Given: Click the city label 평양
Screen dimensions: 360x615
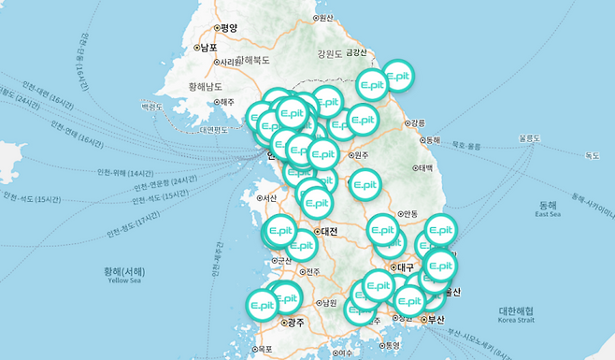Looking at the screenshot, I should coord(230,27).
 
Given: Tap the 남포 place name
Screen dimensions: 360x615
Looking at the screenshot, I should coord(207,47).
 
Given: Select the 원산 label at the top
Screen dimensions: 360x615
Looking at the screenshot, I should coord(325,18).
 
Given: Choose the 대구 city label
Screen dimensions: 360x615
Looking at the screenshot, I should coord(405,266).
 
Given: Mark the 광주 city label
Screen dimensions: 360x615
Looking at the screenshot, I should coord(296,323).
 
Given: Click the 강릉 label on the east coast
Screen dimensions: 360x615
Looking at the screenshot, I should coord(417,123).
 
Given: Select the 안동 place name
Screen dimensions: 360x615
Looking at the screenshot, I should coord(408,213).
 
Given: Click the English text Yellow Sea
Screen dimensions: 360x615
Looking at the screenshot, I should coord(130,280).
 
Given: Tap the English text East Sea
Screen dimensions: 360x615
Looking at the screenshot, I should coord(548,214).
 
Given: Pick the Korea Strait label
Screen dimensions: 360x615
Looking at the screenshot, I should coord(516,320).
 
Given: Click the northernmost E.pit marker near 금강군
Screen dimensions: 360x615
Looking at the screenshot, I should coord(398,76).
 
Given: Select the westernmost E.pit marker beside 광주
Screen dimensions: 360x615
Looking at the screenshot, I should coord(263,305).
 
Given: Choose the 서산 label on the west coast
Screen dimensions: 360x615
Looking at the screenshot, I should coord(270,197).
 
